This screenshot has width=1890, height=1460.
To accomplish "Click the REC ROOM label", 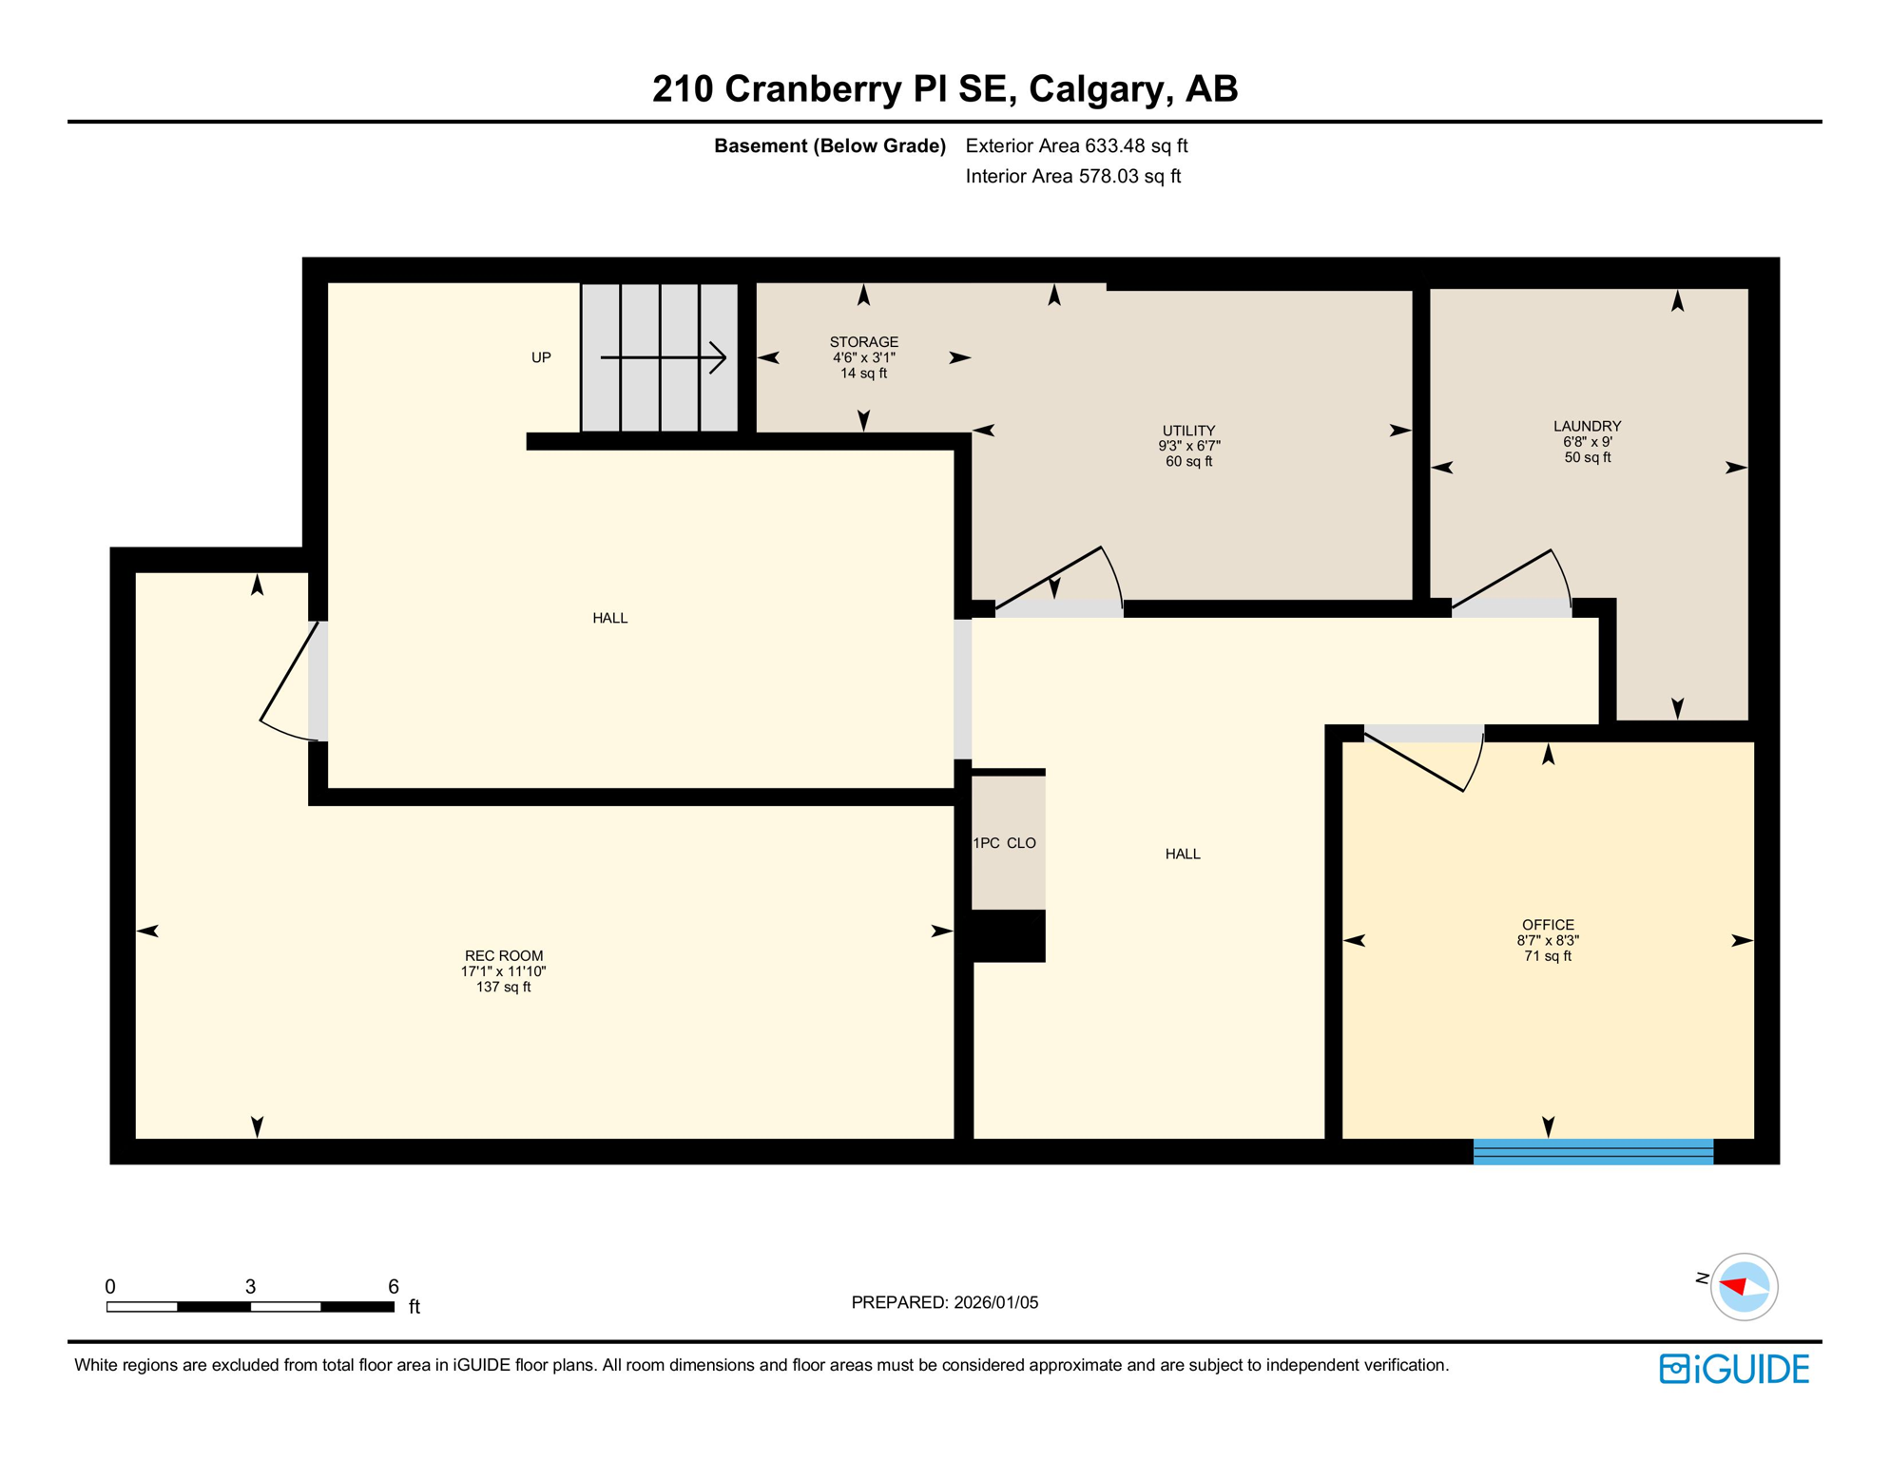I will (x=503, y=956).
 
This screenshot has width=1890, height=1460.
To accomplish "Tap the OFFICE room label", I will (x=1548, y=925).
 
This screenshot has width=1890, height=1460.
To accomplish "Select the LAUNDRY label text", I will (x=1587, y=426).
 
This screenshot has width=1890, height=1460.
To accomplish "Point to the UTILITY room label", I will (x=1188, y=431).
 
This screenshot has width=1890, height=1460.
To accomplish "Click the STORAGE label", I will (x=863, y=342).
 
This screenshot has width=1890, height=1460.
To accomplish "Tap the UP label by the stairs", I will (x=541, y=358).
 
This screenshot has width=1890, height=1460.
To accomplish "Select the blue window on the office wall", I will (x=1592, y=1151).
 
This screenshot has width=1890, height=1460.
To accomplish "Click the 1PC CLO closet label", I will (x=1004, y=843).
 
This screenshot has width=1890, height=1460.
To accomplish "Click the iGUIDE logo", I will (x=1734, y=1369).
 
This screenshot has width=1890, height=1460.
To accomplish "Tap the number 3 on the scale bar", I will (x=250, y=1286).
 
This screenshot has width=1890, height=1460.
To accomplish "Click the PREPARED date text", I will (x=944, y=1302).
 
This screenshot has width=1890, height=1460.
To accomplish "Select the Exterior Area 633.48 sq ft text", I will (x=1076, y=146).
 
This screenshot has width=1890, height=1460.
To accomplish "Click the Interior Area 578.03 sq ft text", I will (x=1072, y=177).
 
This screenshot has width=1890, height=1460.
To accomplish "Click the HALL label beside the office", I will (x=1183, y=855).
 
